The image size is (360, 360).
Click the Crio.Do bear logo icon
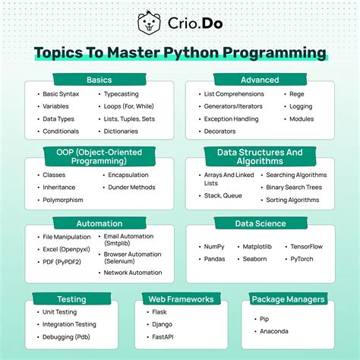click(x=149, y=23)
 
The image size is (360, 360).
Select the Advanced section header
click(x=259, y=80)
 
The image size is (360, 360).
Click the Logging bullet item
click(x=301, y=107)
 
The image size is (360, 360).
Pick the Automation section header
click(x=99, y=224)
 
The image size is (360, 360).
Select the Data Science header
click(x=259, y=224)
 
